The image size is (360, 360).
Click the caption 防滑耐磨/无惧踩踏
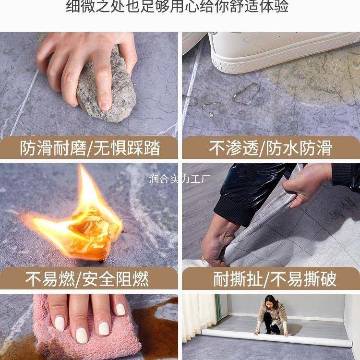point(90,148)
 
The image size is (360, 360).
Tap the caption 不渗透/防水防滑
point(270,148)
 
